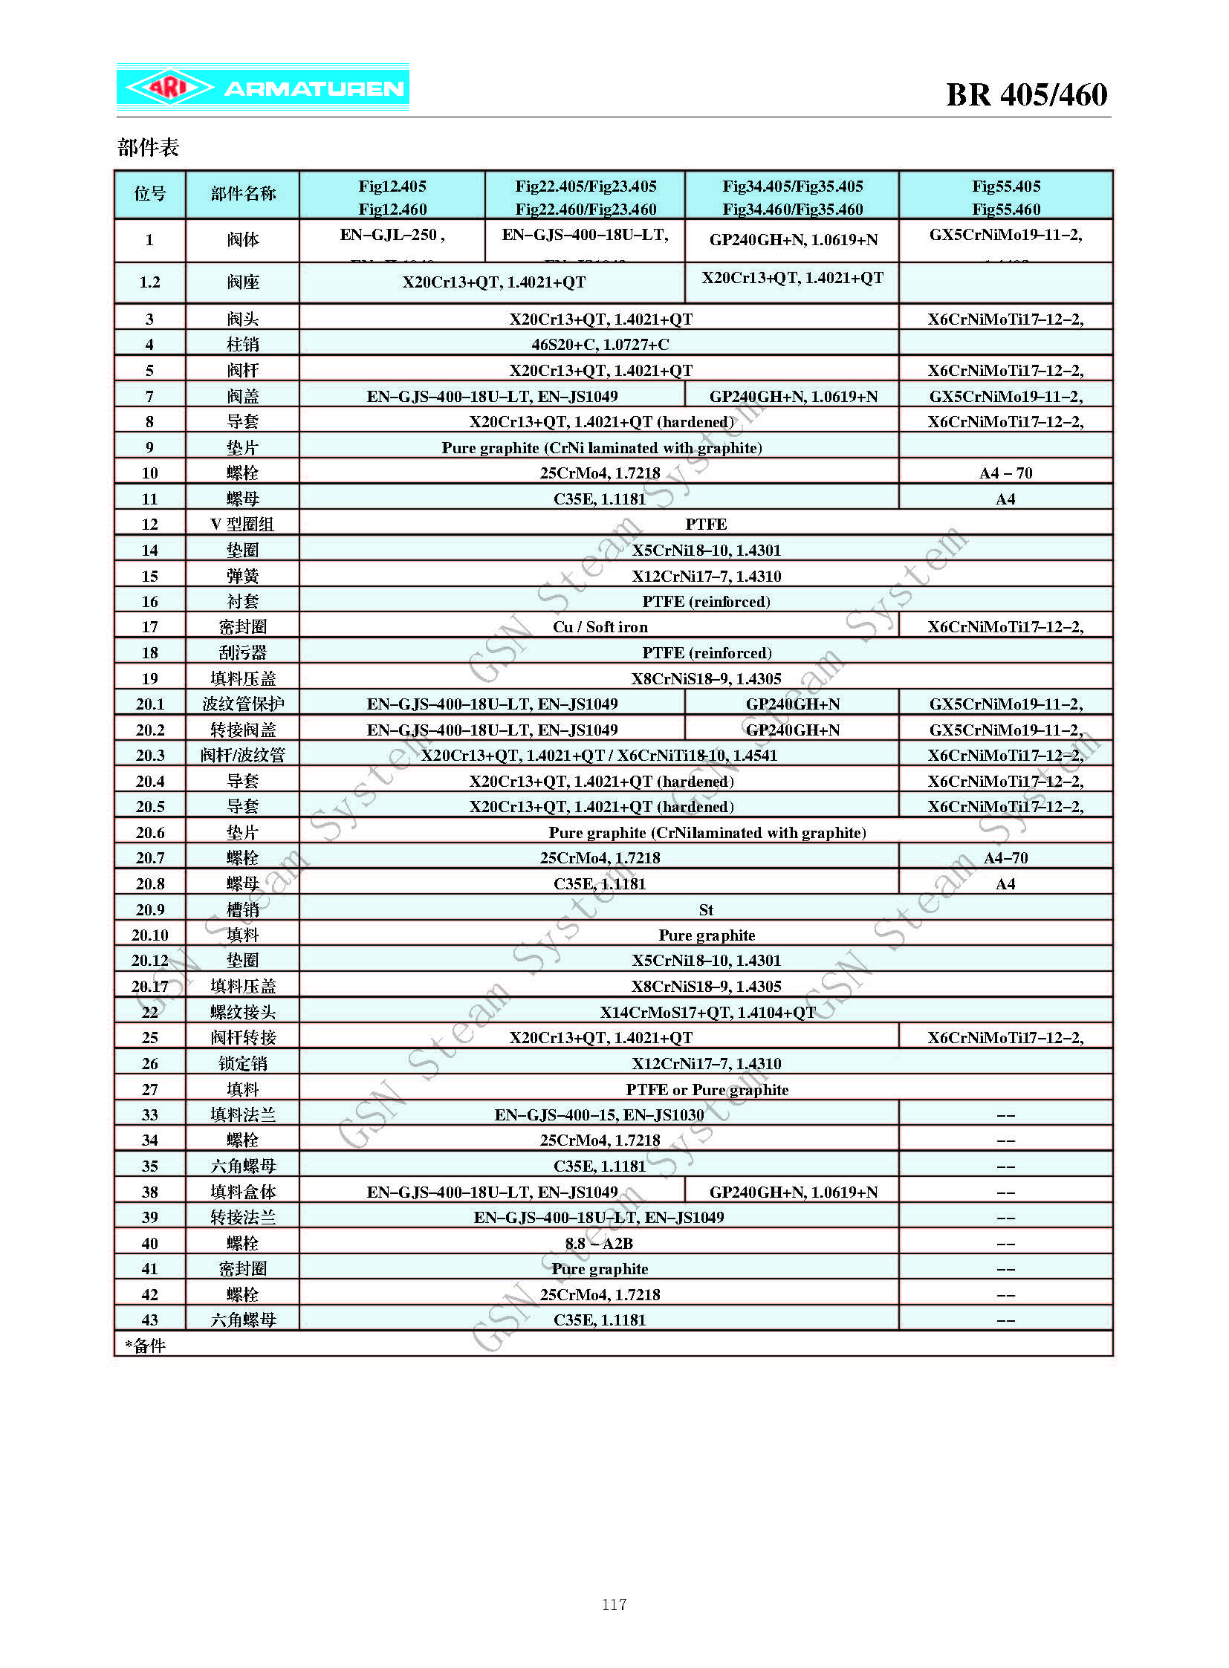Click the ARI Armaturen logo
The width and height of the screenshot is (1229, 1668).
[x=262, y=88]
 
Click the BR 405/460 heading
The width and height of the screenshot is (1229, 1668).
[x=1026, y=95]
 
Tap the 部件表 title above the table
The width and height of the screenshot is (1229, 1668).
[x=148, y=147]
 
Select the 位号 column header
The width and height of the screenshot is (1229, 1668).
[x=149, y=194]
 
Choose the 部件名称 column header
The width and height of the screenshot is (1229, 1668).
[x=242, y=194]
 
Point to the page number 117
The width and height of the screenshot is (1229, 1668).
[x=614, y=1604]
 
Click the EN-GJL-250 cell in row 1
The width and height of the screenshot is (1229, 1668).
[x=392, y=236]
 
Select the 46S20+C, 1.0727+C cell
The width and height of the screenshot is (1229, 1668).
[x=600, y=345]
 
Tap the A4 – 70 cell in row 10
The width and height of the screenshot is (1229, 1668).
[x=1005, y=473]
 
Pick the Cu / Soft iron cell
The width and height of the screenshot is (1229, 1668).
[x=600, y=627]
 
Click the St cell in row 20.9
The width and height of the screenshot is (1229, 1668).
[x=705, y=910]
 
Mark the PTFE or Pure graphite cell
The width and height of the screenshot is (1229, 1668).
[x=706, y=1090]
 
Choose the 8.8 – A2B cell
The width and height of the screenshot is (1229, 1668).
[x=599, y=1243]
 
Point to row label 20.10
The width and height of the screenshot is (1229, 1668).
[x=149, y=935]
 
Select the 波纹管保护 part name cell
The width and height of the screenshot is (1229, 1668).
[x=242, y=704]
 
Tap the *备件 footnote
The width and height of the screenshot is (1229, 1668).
[x=146, y=1345]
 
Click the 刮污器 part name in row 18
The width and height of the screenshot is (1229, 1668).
[x=242, y=652]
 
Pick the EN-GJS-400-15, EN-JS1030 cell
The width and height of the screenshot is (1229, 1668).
[x=599, y=1114]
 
